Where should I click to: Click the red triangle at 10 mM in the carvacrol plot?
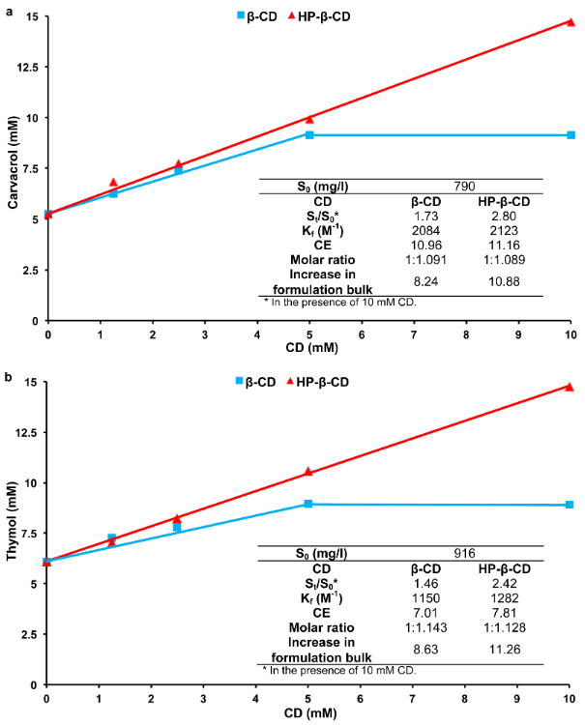point(570,21)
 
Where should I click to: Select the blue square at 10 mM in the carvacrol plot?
point(570,134)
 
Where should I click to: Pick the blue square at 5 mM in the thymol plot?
point(308,504)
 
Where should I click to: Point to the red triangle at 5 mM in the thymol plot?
point(308,472)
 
